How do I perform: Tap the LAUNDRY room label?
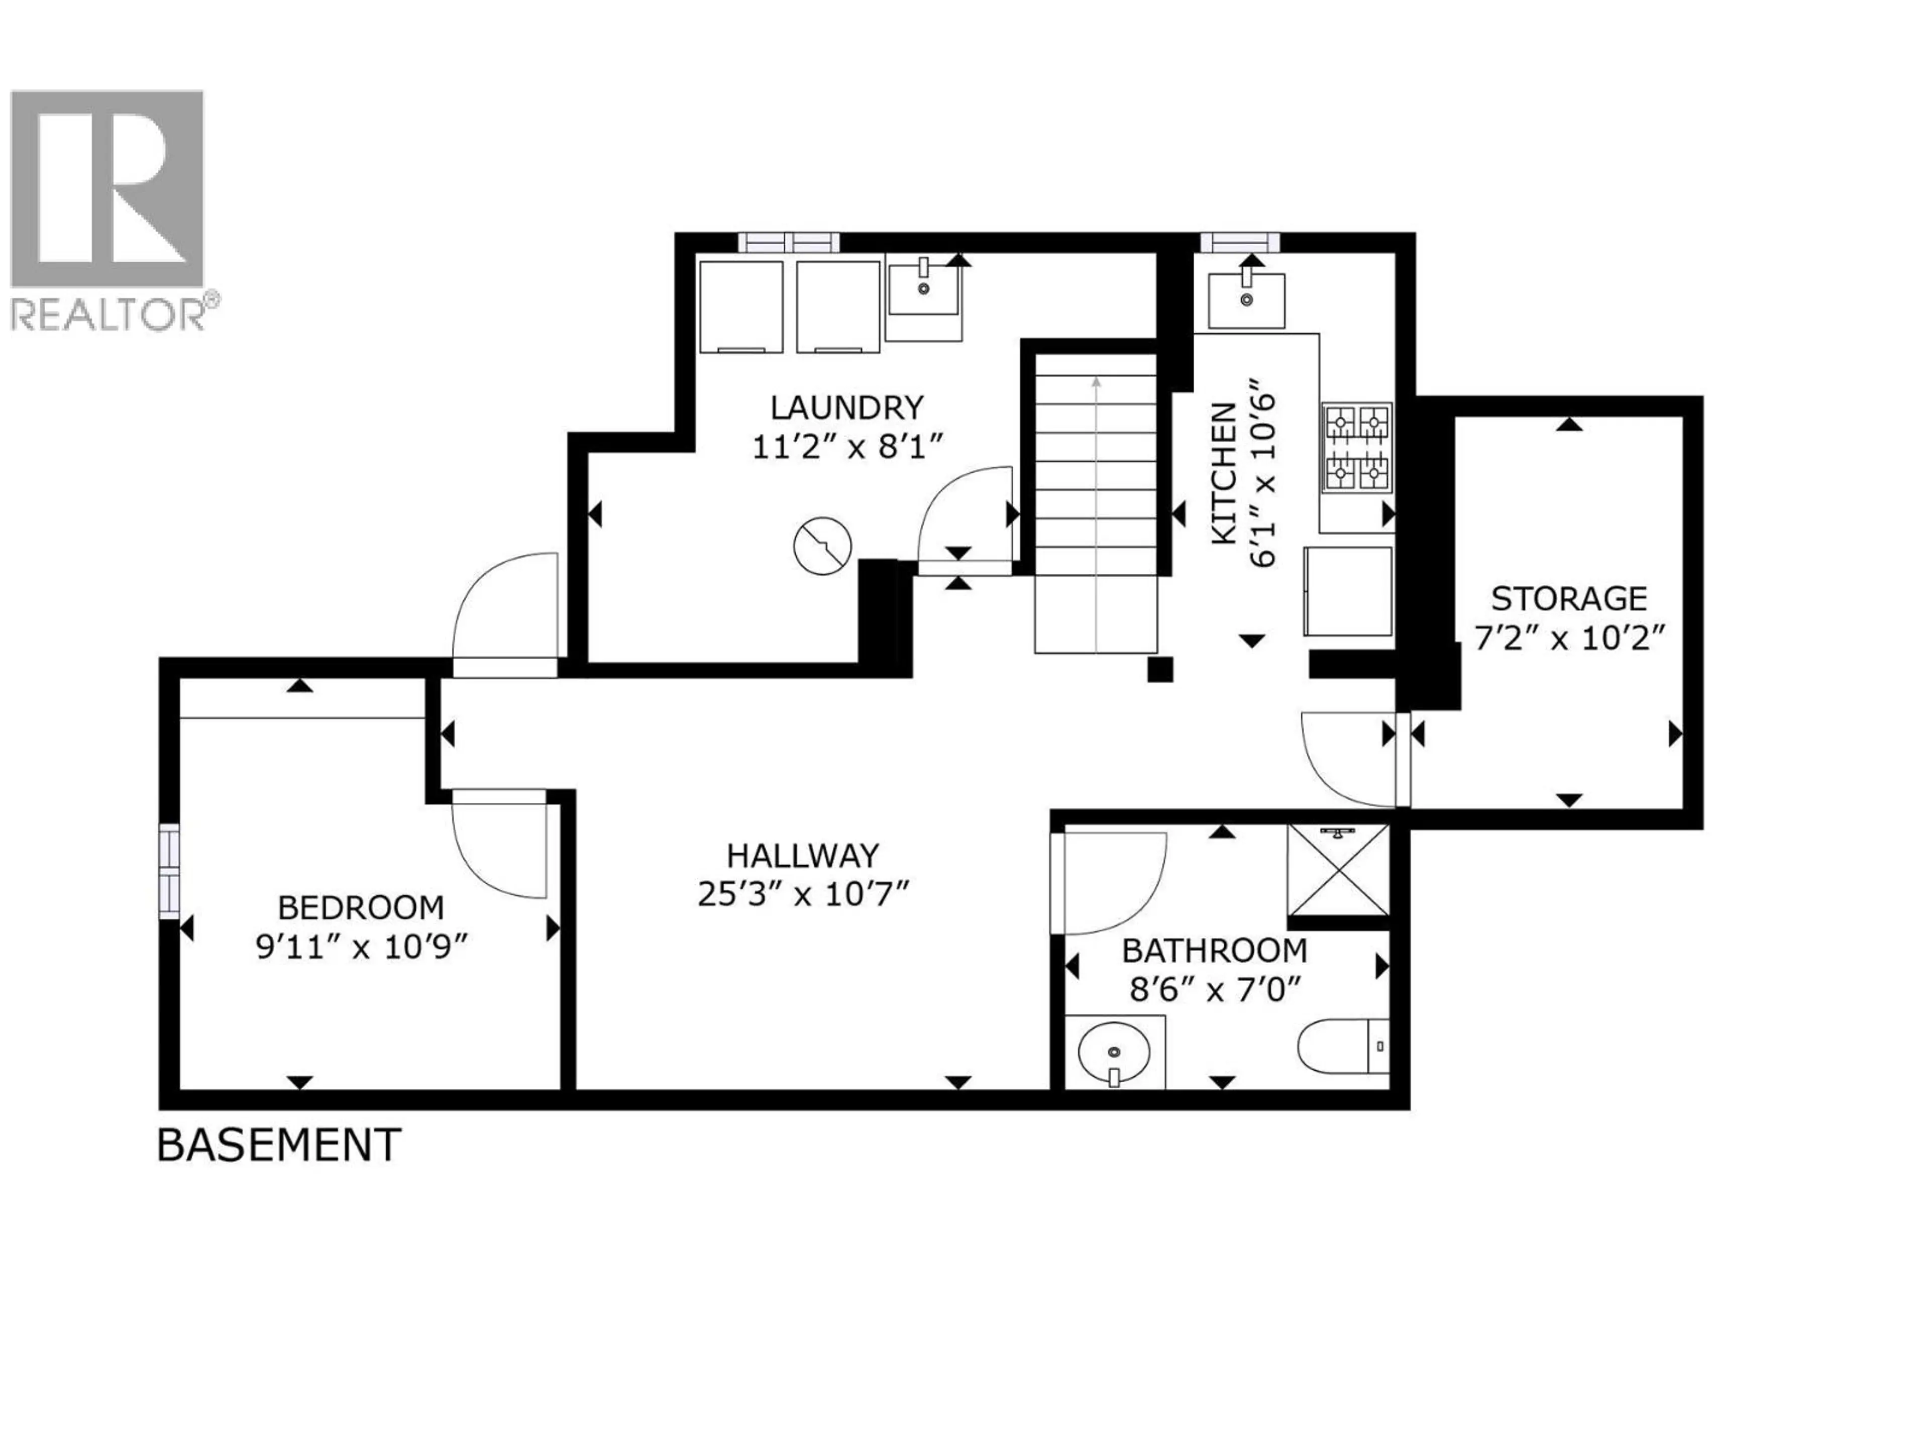click(846, 407)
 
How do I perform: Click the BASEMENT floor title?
click(279, 1145)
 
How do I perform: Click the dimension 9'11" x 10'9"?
click(362, 947)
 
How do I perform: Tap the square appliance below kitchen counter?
click(1347, 590)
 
